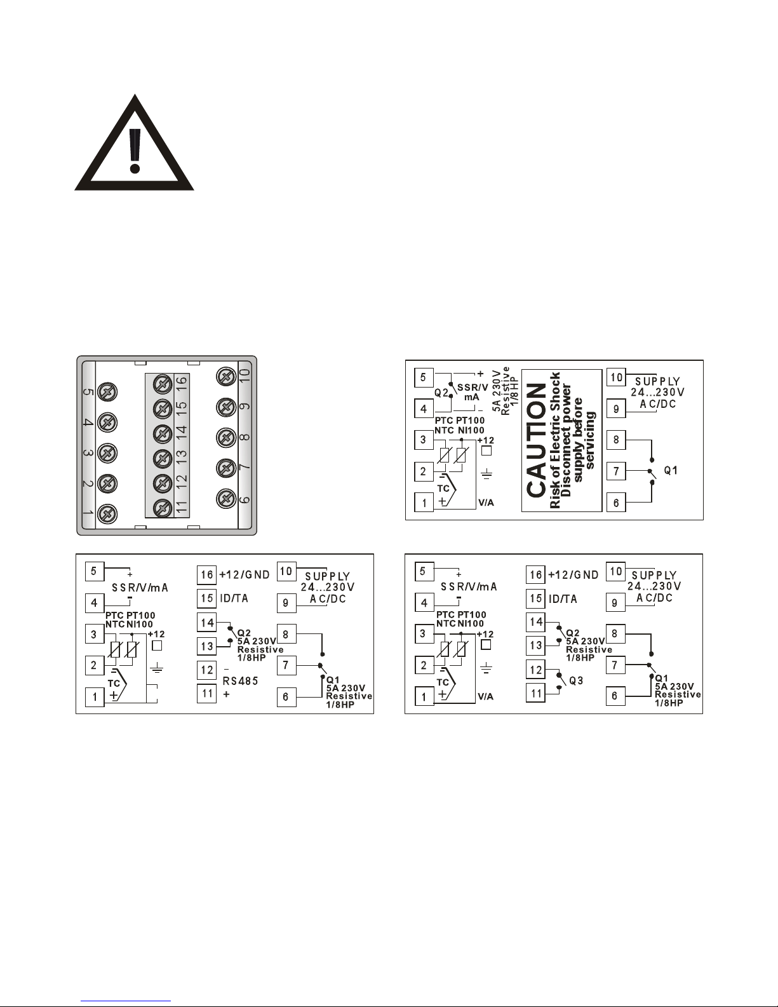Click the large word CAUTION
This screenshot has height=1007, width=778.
tap(537, 440)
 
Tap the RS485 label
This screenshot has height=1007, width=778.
tap(239, 680)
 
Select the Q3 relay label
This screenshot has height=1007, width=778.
tap(576, 680)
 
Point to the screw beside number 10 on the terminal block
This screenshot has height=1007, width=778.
tap(225, 377)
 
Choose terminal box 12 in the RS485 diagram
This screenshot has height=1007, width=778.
tap(207, 670)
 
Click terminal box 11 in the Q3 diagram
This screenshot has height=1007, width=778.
tap(536, 693)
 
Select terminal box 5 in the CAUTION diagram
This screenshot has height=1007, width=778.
tap(424, 377)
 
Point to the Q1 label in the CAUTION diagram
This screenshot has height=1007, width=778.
tap(671, 471)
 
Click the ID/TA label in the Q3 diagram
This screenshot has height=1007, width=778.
tap(563, 598)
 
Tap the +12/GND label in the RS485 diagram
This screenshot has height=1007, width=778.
tap(245, 575)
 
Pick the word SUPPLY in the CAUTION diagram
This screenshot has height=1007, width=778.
tap(657, 381)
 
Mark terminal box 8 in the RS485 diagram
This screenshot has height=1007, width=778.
tap(286, 633)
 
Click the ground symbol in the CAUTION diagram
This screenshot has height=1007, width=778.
tap(488, 474)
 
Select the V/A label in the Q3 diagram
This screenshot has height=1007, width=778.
tap(486, 696)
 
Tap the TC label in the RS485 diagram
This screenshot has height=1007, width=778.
tap(114, 683)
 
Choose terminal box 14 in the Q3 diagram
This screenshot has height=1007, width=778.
tap(536, 621)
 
